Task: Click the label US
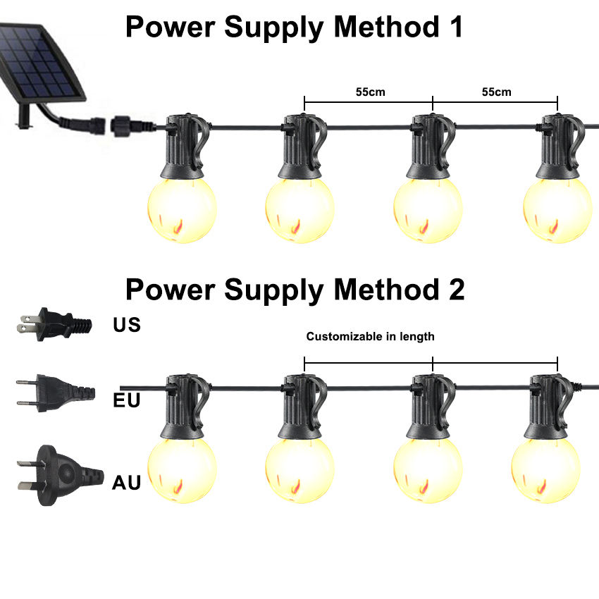[x=127, y=325]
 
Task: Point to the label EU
[x=127, y=401]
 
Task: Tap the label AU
[x=127, y=483]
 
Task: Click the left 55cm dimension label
[x=371, y=92]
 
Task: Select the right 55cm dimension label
[x=497, y=92]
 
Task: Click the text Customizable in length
[x=370, y=337]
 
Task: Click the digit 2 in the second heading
[x=455, y=289]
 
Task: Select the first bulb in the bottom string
[x=181, y=468]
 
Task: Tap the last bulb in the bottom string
[x=545, y=468]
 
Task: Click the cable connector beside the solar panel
[x=120, y=128]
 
